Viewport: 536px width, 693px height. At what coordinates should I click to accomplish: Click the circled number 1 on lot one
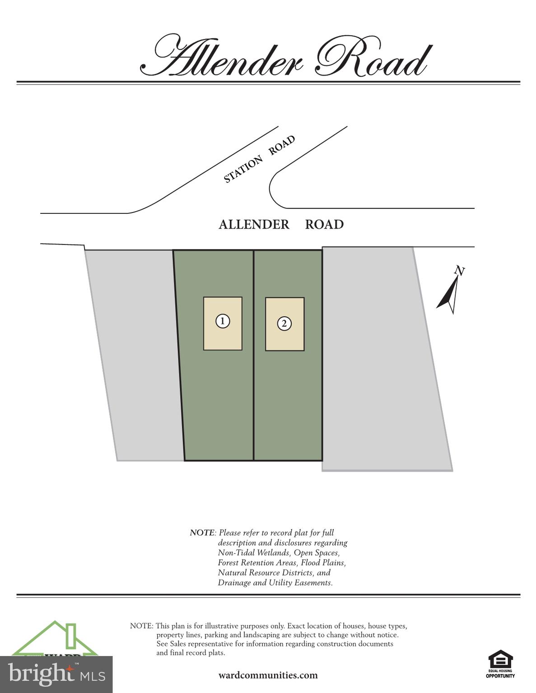pyautogui.click(x=223, y=321)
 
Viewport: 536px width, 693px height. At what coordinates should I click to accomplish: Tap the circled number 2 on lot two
pyautogui.click(x=284, y=323)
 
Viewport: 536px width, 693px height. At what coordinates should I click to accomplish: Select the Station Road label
pyautogui.click(x=259, y=159)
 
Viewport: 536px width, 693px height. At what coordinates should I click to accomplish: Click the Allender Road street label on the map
pyautogui.click(x=281, y=224)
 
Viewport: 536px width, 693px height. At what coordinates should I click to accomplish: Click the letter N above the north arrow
pyautogui.click(x=459, y=271)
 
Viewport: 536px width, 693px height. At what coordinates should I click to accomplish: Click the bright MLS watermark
pyautogui.click(x=56, y=674)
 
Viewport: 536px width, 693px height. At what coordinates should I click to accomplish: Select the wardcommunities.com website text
pyautogui.click(x=268, y=675)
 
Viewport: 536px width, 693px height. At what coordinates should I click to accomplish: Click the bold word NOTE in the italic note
pyautogui.click(x=202, y=533)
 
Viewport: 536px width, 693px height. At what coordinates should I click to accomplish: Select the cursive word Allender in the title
pyautogui.click(x=226, y=58)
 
